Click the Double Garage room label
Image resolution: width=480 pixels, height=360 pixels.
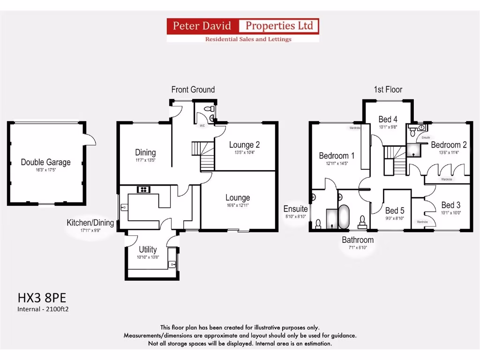[45, 162]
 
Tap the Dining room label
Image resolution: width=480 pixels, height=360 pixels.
[145, 152]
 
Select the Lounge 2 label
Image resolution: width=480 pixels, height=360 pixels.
[244, 145]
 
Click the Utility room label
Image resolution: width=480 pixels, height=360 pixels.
[148, 249]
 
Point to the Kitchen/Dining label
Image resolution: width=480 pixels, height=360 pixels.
[90, 223]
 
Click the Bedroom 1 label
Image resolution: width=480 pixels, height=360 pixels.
[337, 156]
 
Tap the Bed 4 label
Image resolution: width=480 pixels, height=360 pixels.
[388, 119]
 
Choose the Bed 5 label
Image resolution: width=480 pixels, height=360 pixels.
[395, 210]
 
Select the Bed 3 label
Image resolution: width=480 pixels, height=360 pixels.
[451, 205]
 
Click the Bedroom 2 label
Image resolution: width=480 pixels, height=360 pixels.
[449, 144]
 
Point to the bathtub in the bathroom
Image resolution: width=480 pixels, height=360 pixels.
[344, 217]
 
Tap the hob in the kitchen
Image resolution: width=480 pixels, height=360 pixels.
[142, 189]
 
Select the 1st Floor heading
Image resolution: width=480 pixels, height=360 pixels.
[388, 90]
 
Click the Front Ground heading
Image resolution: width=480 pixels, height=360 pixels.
[193, 90]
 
